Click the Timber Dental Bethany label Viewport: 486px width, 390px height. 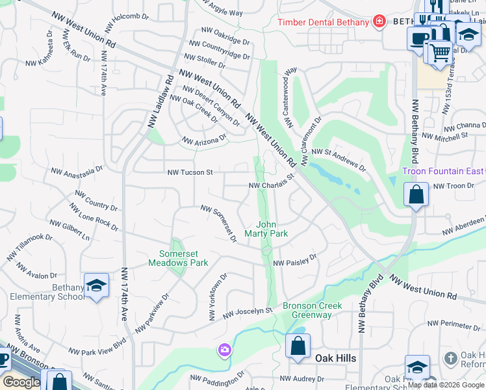point(323,22)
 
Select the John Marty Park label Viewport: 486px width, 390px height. point(266,229)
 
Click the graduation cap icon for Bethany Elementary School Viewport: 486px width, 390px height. point(96,286)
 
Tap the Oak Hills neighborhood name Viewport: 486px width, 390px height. point(336,358)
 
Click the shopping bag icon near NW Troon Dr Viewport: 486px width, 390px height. point(416,194)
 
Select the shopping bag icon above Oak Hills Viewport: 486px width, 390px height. point(298,346)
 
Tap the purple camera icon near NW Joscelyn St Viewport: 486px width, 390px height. point(225,350)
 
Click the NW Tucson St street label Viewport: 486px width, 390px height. point(190,172)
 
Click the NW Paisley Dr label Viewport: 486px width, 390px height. point(294,260)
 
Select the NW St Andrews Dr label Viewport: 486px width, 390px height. point(339,160)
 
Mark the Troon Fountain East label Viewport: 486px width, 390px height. point(444,171)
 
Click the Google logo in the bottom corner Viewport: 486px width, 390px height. point(22,382)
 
